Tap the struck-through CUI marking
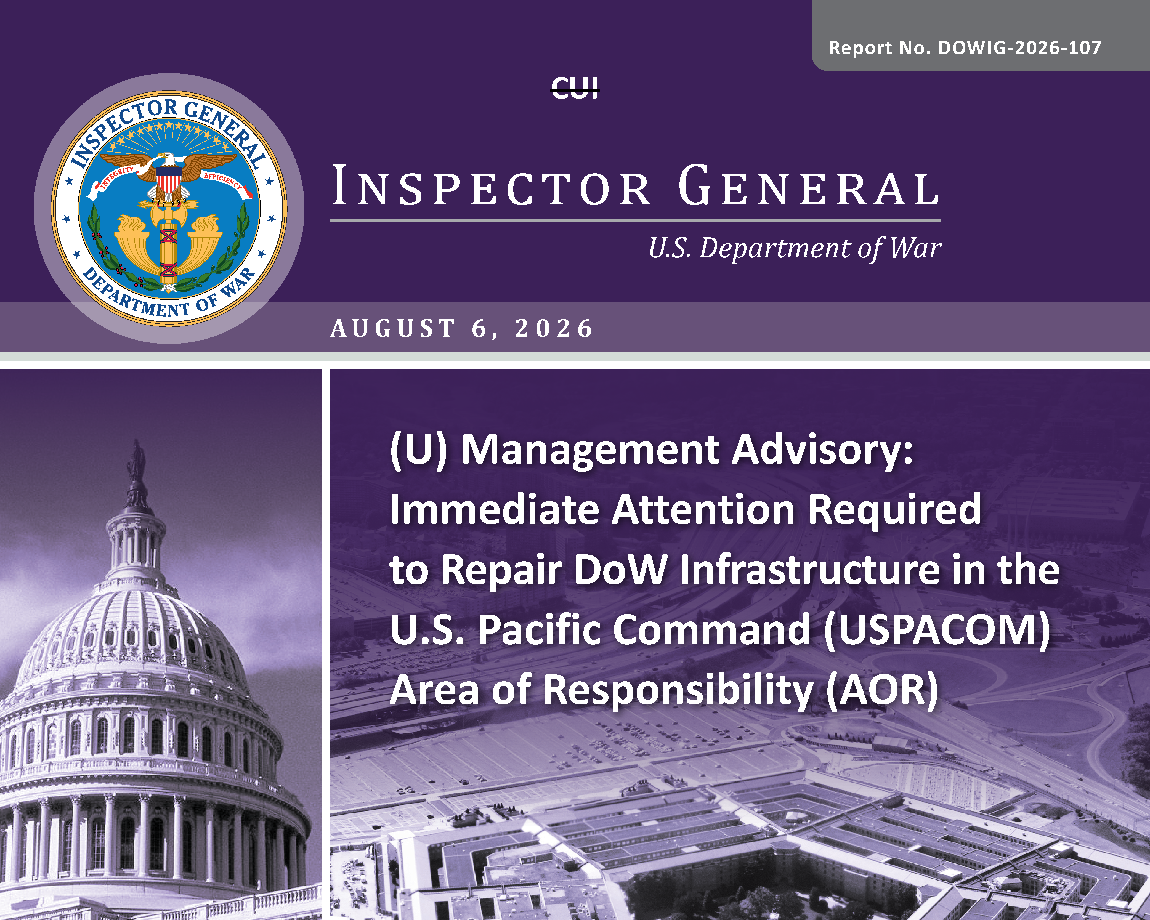[x=575, y=87]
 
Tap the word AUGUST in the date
[x=393, y=329]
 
